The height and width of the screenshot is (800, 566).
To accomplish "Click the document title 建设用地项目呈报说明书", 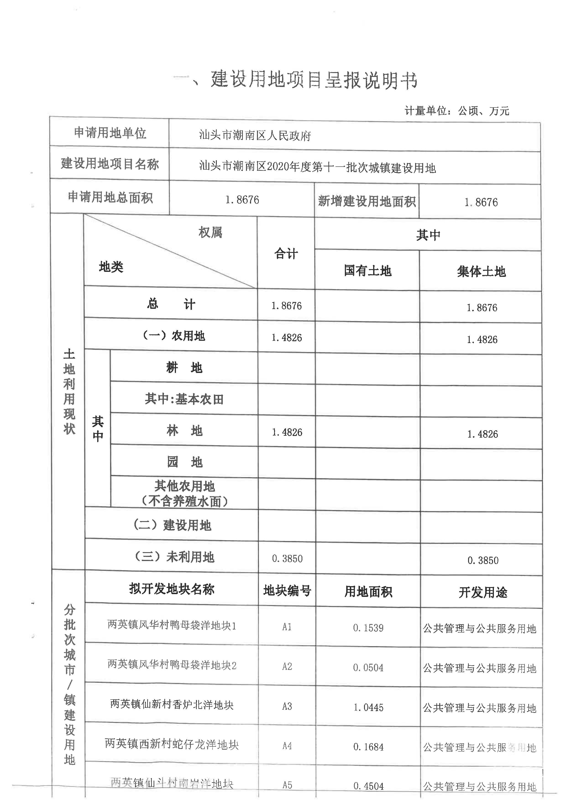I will (x=314, y=80).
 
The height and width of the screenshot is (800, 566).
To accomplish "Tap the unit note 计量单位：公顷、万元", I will (x=456, y=111).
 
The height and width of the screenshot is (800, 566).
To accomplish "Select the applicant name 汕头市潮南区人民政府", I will (x=255, y=135).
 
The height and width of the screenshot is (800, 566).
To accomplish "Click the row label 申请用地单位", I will (x=110, y=133).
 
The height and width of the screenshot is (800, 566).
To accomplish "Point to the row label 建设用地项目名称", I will (x=110, y=163).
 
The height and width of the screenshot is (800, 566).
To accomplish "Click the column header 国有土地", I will (x=368, y=270).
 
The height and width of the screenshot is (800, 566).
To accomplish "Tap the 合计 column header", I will (x=286, y=253).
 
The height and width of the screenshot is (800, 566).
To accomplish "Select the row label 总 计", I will (x=171, y=304).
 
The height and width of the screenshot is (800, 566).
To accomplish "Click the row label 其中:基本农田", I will (x=184, y=399).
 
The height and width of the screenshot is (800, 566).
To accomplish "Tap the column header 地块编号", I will (x=287, y=590).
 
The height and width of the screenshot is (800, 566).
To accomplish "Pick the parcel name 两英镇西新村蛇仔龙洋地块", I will (x=172, y=744).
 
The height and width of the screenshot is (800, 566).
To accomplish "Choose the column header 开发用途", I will (x=483, y=592).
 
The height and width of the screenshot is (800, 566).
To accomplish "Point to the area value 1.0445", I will (x=368, y=707).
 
